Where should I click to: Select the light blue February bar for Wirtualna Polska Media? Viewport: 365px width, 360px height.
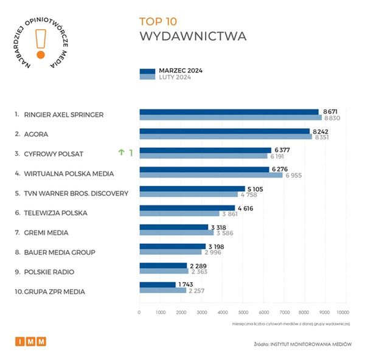211,175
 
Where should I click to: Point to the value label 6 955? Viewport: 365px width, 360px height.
295,175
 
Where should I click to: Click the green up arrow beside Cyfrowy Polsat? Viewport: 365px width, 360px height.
122,153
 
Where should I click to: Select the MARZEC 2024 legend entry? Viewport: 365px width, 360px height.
180,71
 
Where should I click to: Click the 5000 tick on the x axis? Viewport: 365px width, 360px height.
243,312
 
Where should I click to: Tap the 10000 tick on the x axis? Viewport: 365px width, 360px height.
346,312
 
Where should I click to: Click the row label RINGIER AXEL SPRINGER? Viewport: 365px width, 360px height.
63,114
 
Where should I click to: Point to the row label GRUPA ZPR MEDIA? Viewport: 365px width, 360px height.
54,292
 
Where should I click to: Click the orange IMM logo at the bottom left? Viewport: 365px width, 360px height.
30,342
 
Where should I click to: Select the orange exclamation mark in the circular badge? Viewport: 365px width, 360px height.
41,43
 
